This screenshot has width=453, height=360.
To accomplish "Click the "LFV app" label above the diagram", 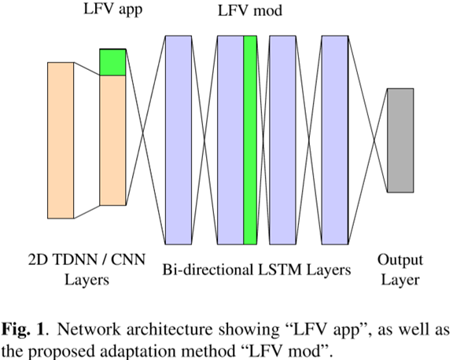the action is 113,9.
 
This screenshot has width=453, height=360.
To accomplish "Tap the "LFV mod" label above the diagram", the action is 250,11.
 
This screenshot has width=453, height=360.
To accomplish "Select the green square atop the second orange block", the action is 112,62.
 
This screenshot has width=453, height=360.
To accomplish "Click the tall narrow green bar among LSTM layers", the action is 250,140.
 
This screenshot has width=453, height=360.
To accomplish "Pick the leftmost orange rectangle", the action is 61,140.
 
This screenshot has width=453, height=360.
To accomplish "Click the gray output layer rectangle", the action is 400,140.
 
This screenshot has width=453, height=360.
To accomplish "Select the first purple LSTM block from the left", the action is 179,140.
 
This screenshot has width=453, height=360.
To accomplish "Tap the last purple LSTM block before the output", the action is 335,140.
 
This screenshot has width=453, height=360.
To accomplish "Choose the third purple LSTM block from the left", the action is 283,140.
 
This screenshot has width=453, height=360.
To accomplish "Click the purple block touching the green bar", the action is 230,140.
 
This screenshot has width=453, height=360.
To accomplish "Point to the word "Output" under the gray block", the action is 400,260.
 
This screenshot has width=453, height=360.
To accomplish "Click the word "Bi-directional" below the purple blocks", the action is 208,270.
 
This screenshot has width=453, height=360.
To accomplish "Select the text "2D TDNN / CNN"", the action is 87,259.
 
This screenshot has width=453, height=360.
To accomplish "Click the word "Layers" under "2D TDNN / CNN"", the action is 87,280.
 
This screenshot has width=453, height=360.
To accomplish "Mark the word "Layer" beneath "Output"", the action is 400,280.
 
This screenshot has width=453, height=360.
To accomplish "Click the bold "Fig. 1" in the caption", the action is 23,329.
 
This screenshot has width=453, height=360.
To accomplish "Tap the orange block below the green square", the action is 112,140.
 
